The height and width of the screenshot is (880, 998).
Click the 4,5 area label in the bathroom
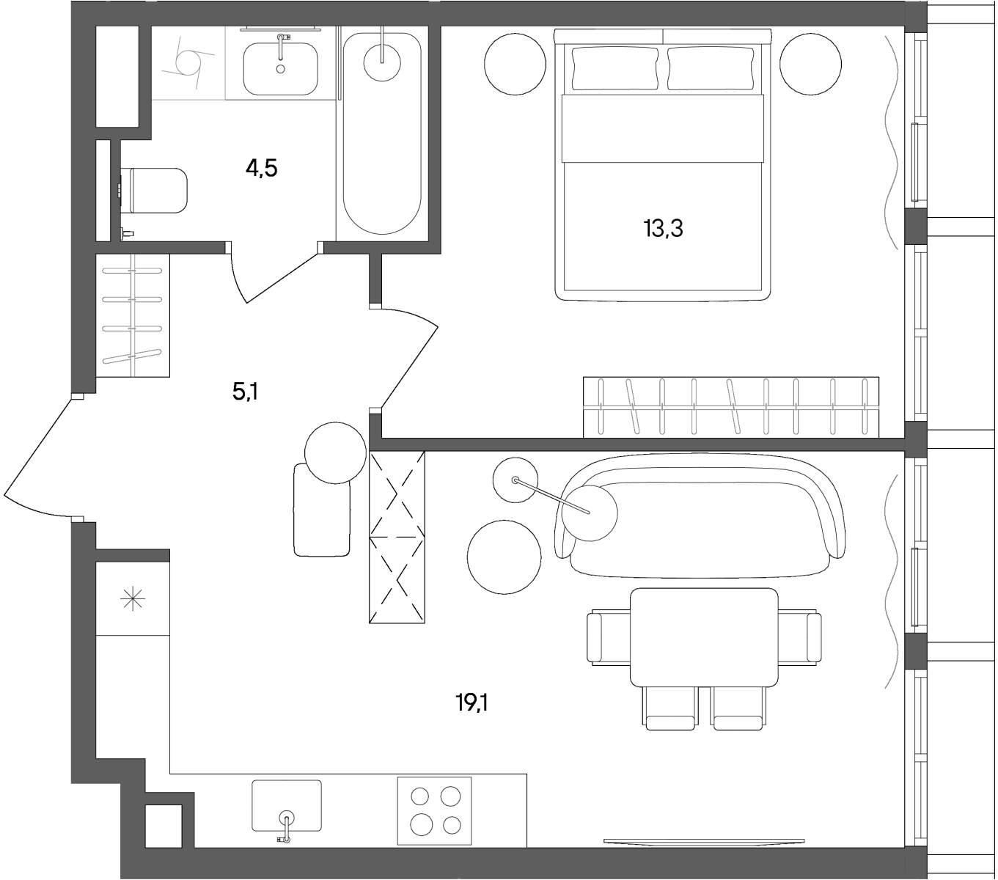click(x=262, y=169)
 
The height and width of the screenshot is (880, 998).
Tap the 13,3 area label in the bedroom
click(x=663, y=229)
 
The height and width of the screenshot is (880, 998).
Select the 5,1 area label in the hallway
click(x=246, y=392)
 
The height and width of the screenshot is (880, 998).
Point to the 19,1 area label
click(x=472, y=703)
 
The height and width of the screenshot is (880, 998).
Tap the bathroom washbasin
click(x=280, y=68)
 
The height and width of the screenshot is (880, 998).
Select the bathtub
click(x=382, y=133)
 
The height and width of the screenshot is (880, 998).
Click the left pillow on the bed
click(x=615, y=68)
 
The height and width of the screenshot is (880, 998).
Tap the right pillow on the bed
click(x=711, y=68)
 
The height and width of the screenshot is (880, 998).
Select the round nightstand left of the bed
click(x=515, y=64)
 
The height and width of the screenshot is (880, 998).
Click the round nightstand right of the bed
click(x=810, y=64)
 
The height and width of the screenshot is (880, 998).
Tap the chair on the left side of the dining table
click(x=609, y=637)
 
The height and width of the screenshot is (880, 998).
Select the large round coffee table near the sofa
click(x=504, y=557)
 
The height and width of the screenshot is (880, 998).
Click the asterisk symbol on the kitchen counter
click(x=133, y=600)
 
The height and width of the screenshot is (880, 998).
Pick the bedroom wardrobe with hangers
click(x=731, y=407)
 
